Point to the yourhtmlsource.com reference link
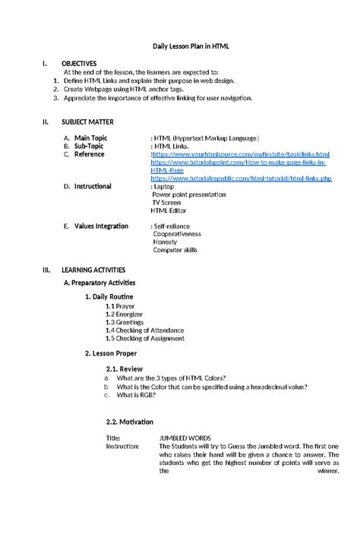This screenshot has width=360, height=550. (x=242, y=154)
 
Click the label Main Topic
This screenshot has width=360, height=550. (x=90, y=137)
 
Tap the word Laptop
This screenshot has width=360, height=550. (x=163, y=186)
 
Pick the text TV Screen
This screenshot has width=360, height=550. (x=167, y=203)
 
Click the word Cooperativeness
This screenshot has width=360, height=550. (x=179, y=234)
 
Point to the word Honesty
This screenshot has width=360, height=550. (x=166, y=242)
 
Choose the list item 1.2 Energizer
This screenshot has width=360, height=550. (x=125, y=314)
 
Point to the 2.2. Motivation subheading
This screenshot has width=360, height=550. (x=130, y=422)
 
